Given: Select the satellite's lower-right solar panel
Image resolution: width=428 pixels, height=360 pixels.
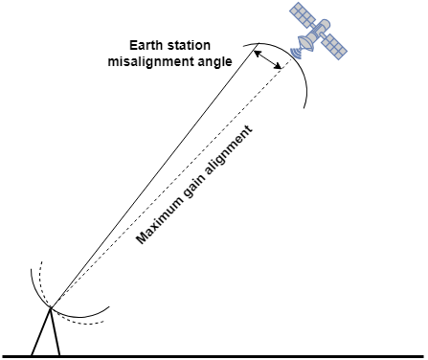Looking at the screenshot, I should [x=332, y=44].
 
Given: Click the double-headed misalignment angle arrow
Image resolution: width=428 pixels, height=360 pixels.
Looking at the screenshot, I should [x=269, y=59].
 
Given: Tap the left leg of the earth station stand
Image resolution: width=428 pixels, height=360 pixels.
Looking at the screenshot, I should [x=40, y=334].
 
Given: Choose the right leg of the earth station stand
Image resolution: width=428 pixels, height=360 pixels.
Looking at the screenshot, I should [x=56, y=334].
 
